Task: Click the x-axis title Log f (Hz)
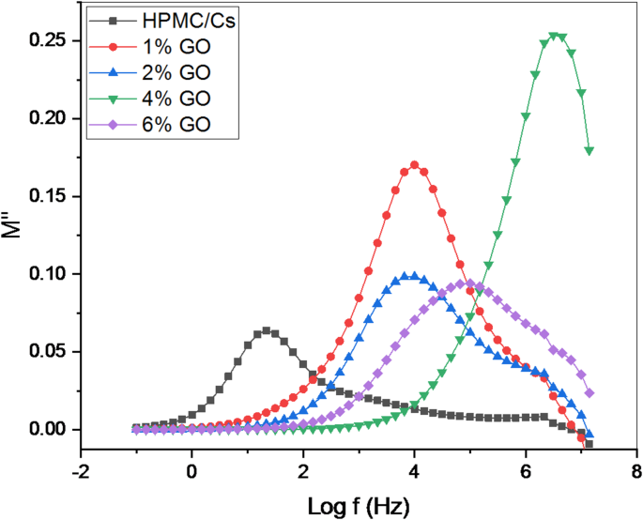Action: click(x=359, y=505)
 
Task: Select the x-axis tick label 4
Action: click(x=414, y=469)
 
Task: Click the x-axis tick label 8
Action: click(x=636, y=469)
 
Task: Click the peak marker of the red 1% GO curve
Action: click(x=414, y=165)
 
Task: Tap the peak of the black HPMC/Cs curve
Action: click(x=267, y=330)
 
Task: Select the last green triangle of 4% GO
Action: click(x=589, y=150)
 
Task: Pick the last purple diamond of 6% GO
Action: click(x=589, y=393)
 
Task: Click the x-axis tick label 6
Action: click(x=526, y=469)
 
